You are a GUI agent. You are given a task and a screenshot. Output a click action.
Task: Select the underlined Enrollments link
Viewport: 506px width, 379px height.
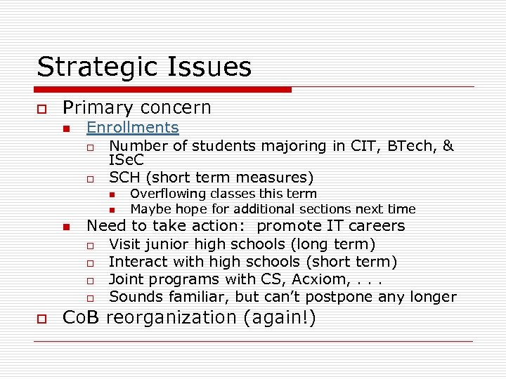132,128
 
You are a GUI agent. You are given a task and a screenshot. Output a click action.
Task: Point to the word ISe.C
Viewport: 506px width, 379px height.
126,161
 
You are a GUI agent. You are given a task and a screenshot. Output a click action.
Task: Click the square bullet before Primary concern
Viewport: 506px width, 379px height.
41,109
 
